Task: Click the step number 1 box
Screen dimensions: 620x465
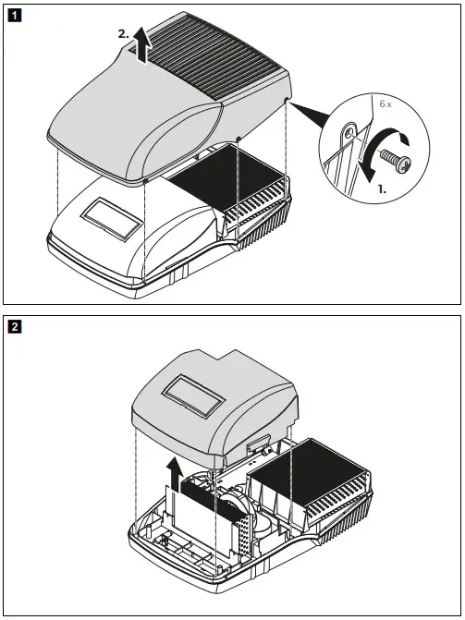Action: coord(13,16)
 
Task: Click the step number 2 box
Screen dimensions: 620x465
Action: coord(13,326)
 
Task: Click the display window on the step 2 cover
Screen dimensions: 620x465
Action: coord(191,397)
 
